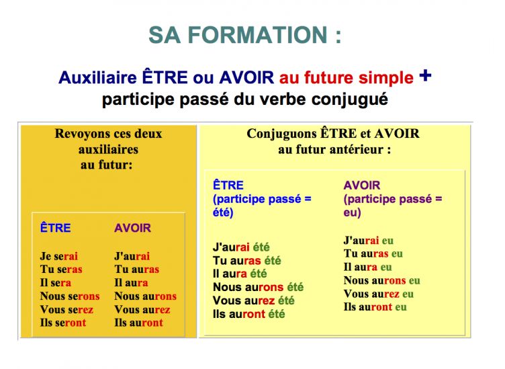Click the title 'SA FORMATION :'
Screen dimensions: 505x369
click(244, 35)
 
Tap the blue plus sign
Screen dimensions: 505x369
click(425, 76)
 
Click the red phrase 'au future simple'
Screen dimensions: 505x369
click(347, 78)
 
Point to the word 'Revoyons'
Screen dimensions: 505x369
click(81, 134)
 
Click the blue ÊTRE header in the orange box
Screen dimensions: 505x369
click(55, 228)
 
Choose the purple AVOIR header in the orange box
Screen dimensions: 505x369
click(132, 228)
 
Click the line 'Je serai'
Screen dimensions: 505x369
click(59, 256)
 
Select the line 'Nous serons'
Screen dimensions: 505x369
click(70, 296)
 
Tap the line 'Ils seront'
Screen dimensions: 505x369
click(63, 323)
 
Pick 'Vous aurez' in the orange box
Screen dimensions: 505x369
click(142, 309)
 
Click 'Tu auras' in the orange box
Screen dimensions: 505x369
click(137, 269)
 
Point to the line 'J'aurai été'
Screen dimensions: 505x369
click(241, 247)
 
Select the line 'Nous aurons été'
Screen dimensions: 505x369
click(259, 287)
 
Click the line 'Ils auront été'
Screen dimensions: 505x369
click(249, 314)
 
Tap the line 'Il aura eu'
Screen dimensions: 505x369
click(368, 267)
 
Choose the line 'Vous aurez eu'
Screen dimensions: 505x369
click(379, 294)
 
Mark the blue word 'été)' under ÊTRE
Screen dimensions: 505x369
click(223, 212)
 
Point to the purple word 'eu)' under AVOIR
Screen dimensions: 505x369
click(353, 212)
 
